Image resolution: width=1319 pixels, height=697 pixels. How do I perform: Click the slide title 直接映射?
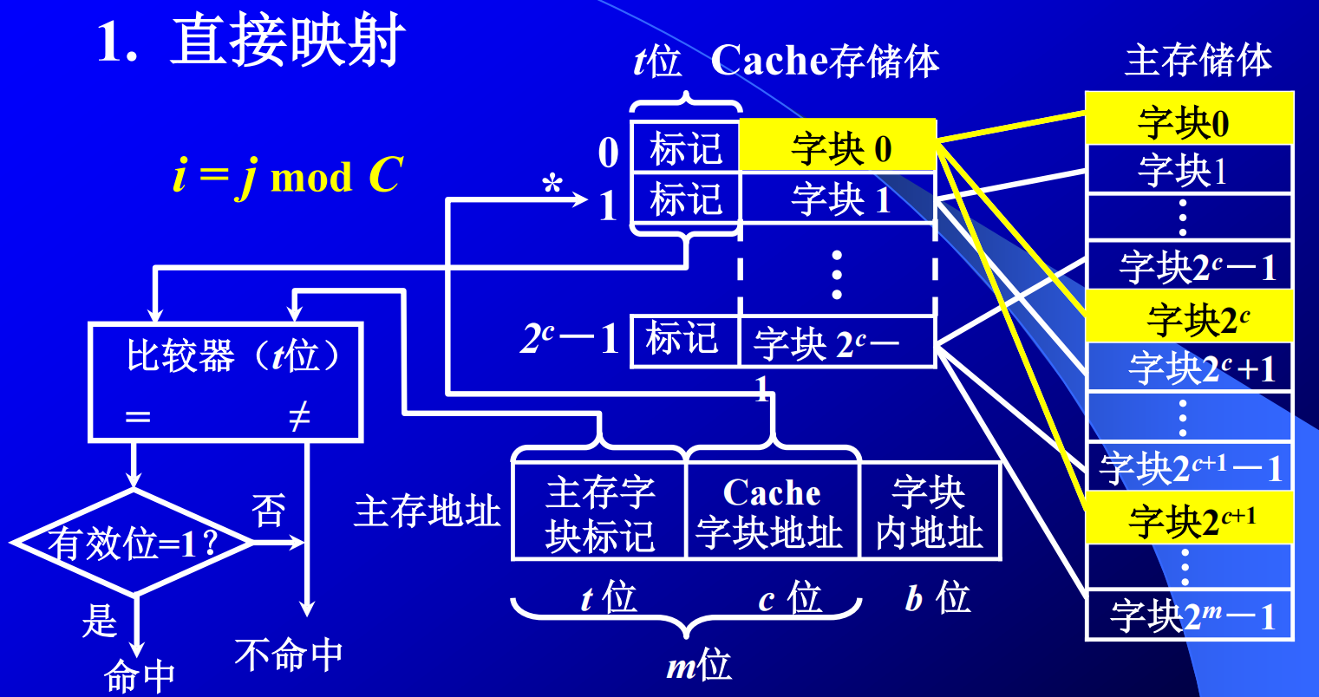click(287, 42)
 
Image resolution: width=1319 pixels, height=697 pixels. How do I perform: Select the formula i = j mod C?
click(288, 176)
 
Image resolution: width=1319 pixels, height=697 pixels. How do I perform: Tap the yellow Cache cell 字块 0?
click(838, 147)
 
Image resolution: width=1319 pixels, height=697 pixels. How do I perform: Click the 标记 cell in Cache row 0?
click(685, 148)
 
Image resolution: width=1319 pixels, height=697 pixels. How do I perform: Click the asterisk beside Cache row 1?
click(552, 186)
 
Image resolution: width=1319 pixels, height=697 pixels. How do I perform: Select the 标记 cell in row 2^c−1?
click(683, 338)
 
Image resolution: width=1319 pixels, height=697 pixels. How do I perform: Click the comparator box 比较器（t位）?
click(225, 381)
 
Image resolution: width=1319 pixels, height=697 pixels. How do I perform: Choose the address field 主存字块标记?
click(599, 512)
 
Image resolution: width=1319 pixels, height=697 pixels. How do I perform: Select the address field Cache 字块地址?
click(771, 512)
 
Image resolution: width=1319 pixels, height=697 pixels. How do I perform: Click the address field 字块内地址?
click(929, 512)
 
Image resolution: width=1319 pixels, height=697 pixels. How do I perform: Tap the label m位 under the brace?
click(699, 666)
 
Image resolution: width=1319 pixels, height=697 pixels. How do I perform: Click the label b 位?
click(937, 598)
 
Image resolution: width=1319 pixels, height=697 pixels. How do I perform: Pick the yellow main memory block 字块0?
click(1188, 121)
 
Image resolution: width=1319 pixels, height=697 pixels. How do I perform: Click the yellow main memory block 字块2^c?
click(1188, 317)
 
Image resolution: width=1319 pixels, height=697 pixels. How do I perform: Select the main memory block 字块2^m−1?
click(1188, 616)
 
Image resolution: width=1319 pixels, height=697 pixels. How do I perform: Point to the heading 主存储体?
click(1198, 60)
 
